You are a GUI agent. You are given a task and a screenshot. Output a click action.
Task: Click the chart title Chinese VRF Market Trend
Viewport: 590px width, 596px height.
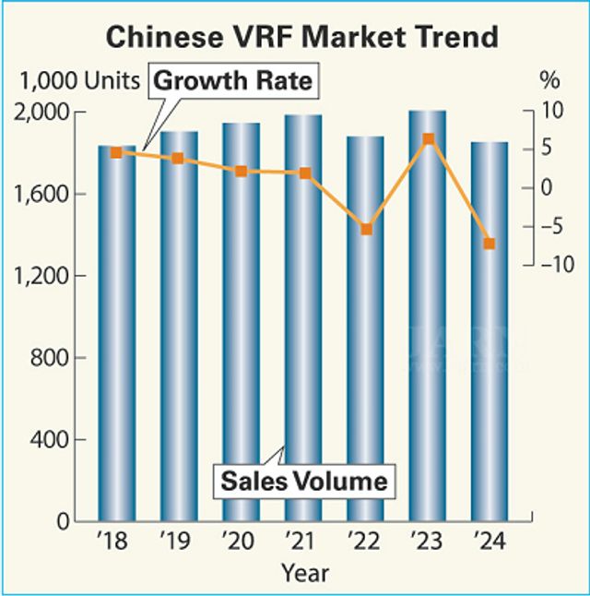302,37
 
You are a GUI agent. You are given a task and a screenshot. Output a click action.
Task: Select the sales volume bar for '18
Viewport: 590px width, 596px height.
116,332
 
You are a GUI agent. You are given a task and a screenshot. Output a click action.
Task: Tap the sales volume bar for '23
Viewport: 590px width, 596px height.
427,314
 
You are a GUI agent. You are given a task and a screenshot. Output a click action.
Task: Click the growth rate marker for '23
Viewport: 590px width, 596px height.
428,139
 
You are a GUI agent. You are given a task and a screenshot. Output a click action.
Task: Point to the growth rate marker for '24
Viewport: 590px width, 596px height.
490,244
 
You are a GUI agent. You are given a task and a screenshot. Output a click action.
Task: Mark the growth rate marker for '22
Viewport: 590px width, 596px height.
366,229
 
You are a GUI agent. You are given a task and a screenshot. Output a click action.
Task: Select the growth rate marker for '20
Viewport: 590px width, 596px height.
241,172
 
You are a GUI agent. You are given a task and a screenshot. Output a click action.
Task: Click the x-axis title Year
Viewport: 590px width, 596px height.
304,573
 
